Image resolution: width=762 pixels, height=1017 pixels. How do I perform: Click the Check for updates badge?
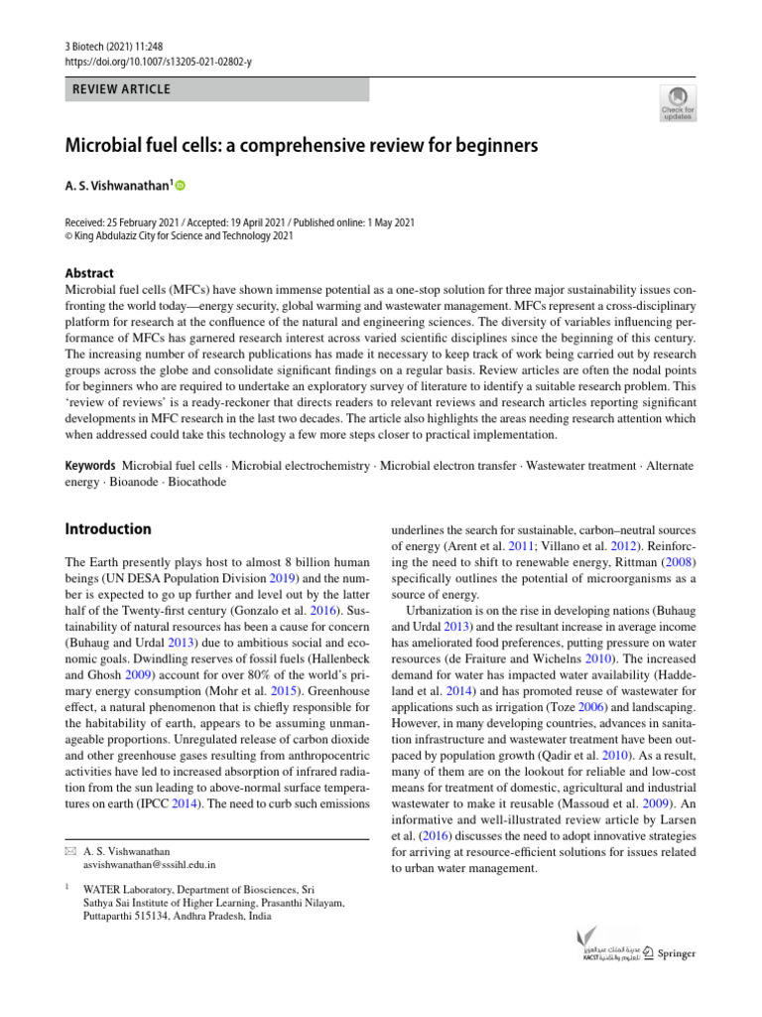678,102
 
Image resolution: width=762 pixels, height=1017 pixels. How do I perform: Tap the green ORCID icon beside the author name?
181,186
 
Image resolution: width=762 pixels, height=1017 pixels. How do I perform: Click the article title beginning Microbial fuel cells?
301,146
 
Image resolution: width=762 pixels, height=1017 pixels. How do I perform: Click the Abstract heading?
89,273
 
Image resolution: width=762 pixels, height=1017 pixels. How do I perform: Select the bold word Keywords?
89,466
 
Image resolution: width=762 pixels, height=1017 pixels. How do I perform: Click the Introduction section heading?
108,529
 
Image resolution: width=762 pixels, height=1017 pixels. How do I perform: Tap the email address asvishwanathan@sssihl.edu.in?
150,865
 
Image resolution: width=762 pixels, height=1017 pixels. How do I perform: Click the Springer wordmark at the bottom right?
677,953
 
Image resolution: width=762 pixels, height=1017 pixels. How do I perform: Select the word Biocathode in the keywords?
195,482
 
